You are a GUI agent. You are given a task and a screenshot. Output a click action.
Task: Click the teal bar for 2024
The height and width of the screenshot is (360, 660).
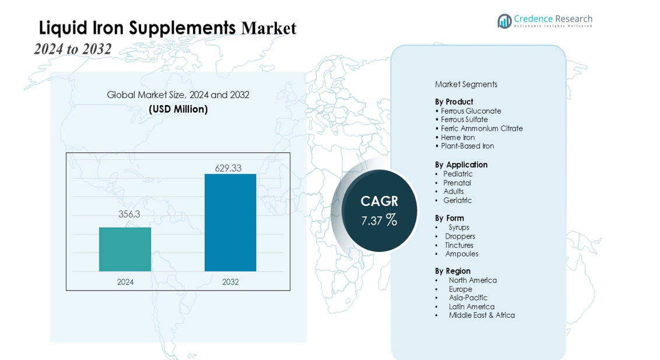[125, 249]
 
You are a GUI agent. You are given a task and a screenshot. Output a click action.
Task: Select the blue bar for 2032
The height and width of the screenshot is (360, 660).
[230, 222]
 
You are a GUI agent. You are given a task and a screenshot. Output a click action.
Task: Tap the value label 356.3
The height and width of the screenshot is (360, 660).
[129, 214]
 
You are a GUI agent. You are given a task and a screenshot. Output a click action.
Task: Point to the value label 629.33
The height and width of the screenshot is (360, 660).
[228, 168]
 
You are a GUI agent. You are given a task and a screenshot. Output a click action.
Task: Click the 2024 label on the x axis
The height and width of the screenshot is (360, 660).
[125, 282]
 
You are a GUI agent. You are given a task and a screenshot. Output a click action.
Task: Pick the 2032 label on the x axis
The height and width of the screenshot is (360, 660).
[230, 282]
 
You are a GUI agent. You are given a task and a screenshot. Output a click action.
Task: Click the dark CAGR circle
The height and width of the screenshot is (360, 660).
[379, 211]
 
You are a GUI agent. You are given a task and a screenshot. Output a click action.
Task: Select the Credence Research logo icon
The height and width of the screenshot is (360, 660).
[504, 21]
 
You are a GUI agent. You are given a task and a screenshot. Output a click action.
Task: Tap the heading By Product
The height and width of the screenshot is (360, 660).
[454, 102]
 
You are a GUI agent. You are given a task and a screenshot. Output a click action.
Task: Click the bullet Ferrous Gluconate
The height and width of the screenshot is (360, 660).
[471, 111]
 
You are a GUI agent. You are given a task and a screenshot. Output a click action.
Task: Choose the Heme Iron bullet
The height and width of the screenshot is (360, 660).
[458, 137]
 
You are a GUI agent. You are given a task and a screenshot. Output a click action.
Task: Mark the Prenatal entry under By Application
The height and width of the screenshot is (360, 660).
[457, 183]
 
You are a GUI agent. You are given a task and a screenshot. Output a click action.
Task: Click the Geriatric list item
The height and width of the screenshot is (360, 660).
[457, 200]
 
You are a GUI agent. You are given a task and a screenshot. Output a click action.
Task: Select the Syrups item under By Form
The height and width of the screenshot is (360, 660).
[459, 228]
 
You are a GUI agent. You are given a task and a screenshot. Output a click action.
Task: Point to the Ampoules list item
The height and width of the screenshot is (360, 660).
[462, 254]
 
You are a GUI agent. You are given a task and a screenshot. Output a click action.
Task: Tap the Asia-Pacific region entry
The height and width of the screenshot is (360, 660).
[468, 298]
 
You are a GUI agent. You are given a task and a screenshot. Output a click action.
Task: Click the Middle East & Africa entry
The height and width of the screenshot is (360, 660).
[482, 315]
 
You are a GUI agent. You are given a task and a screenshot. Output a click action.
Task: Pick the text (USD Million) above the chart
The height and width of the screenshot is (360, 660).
[178, 109]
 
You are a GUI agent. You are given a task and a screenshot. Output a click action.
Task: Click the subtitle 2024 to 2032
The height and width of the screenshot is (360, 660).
[72, 49]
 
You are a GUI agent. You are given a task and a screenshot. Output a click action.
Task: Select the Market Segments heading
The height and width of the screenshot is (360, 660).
[466, 84]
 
